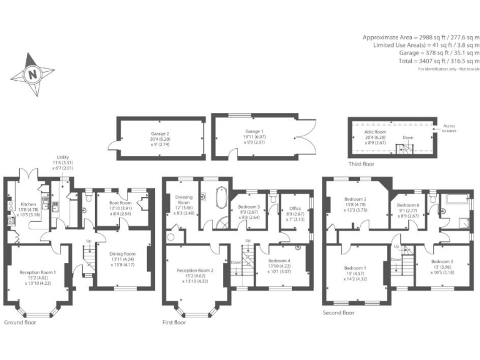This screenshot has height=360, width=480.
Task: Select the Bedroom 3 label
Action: (x=442, y=265)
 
